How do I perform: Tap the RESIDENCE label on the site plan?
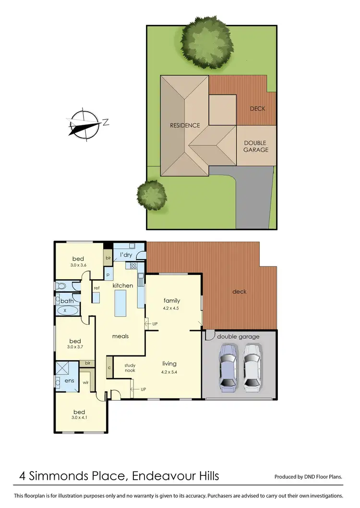[x=185, y=126]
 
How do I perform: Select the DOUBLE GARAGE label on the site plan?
[x=255, y=146]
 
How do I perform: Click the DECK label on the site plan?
[x=257, y=109]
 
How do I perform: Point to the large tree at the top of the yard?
[x=207, y=42]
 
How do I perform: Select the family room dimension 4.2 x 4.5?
[x=171, y=308]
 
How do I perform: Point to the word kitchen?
[x=123, y=285]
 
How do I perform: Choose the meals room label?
[x=120, y=336]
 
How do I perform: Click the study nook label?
[x=130, y=368]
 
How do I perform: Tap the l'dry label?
[x=125, y=255]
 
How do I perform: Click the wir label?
[x=85, y=383]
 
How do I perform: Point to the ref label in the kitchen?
[x=96, y=288]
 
